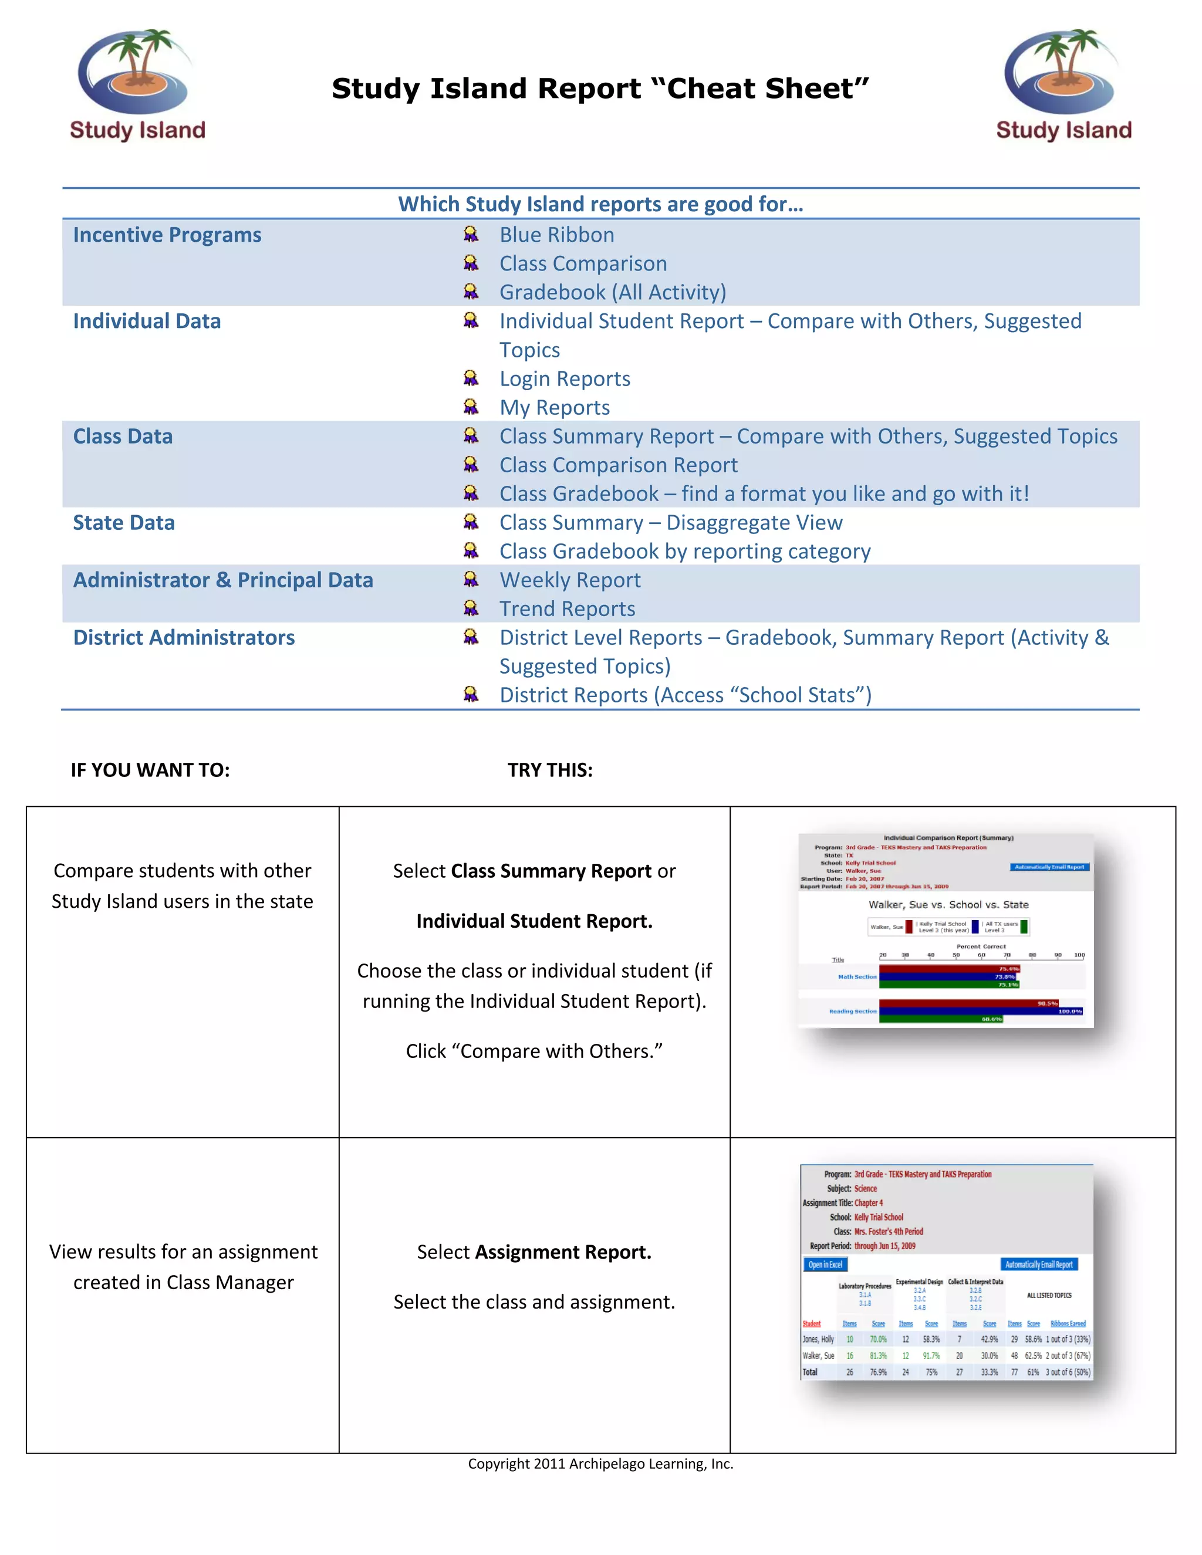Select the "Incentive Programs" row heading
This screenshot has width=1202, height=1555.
(167, 235)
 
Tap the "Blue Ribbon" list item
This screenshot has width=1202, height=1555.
(556, 235)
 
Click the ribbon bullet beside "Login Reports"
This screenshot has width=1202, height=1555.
(471, 377)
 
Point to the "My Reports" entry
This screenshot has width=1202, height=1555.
(554, 407)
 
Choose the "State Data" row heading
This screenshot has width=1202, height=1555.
(123, 523)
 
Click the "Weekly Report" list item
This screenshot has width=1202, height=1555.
(570, 580)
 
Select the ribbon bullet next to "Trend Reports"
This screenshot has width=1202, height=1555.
(471, 608)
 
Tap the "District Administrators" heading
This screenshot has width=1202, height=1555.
(184, 637)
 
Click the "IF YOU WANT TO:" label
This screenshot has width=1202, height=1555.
(150, 770)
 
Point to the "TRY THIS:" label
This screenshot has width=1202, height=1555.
(550, 770)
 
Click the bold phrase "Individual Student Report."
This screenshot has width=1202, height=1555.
(534, 921)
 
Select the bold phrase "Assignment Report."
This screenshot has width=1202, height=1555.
(562, 1252)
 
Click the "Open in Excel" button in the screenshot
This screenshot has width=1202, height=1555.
(825, 1265)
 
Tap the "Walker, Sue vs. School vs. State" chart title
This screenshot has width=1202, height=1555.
(948, 904)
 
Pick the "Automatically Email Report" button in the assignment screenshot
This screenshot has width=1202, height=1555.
(1038, 1265)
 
